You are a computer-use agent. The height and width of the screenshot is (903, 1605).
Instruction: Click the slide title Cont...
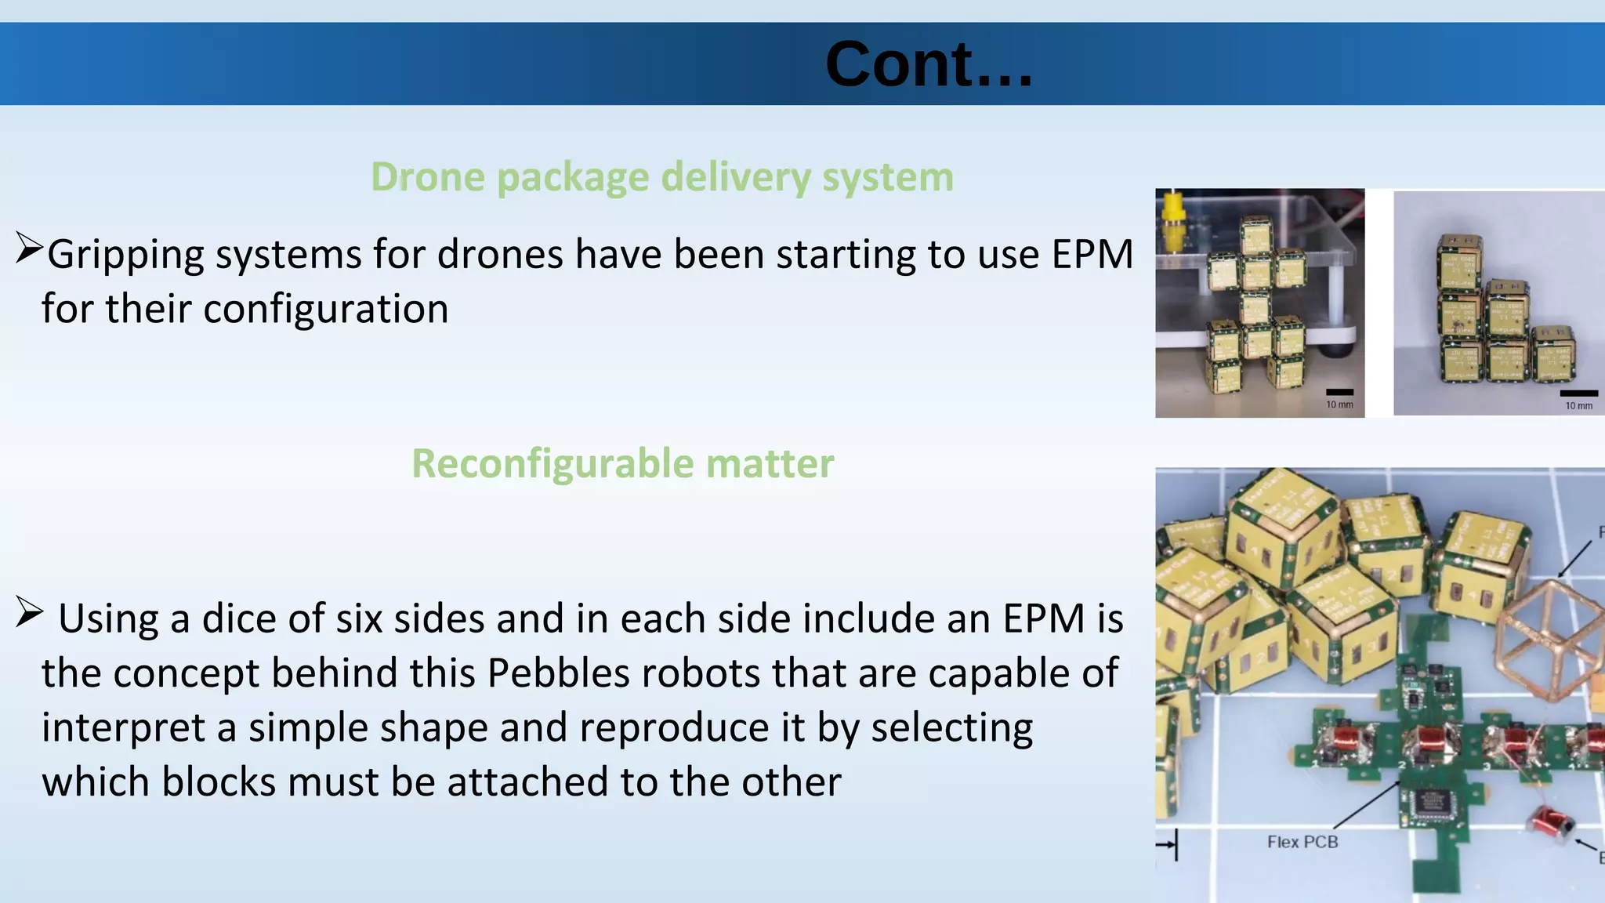click(x=928, y=64)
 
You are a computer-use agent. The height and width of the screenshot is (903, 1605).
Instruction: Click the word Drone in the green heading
click(x=428, y=177)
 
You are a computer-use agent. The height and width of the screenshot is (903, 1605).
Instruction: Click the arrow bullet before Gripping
click(x=28, y=248)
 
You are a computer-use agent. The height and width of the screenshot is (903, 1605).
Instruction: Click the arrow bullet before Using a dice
click(x=28, y=613)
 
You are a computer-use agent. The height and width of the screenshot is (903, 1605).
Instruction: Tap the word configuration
click(x=325, y=309)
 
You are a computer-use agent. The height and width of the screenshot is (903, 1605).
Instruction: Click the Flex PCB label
click(x=1302, y=842)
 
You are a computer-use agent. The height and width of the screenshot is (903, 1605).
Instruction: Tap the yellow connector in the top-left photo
click(x=1172, y=223)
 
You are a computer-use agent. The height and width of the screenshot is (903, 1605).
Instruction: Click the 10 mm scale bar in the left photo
click(x=1339, y=392)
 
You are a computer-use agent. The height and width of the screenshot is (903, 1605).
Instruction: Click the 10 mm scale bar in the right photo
click(x=1578, y=393)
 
